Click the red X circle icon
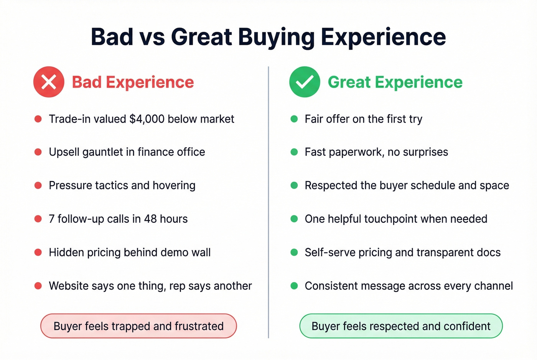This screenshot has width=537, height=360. coord(49,82)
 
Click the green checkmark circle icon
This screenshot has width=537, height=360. coord(305,82)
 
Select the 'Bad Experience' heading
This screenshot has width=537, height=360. coord(133,82)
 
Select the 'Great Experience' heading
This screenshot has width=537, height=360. coord(395,82)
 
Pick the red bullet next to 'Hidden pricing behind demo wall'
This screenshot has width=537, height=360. coord(38,252)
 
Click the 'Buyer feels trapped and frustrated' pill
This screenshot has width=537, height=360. coord(138,326)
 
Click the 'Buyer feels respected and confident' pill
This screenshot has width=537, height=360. coord(401,326)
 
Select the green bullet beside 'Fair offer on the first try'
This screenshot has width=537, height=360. coord(294,119)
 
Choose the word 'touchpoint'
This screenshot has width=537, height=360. coord(390,219)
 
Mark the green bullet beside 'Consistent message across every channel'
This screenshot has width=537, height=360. coord(294,286)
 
